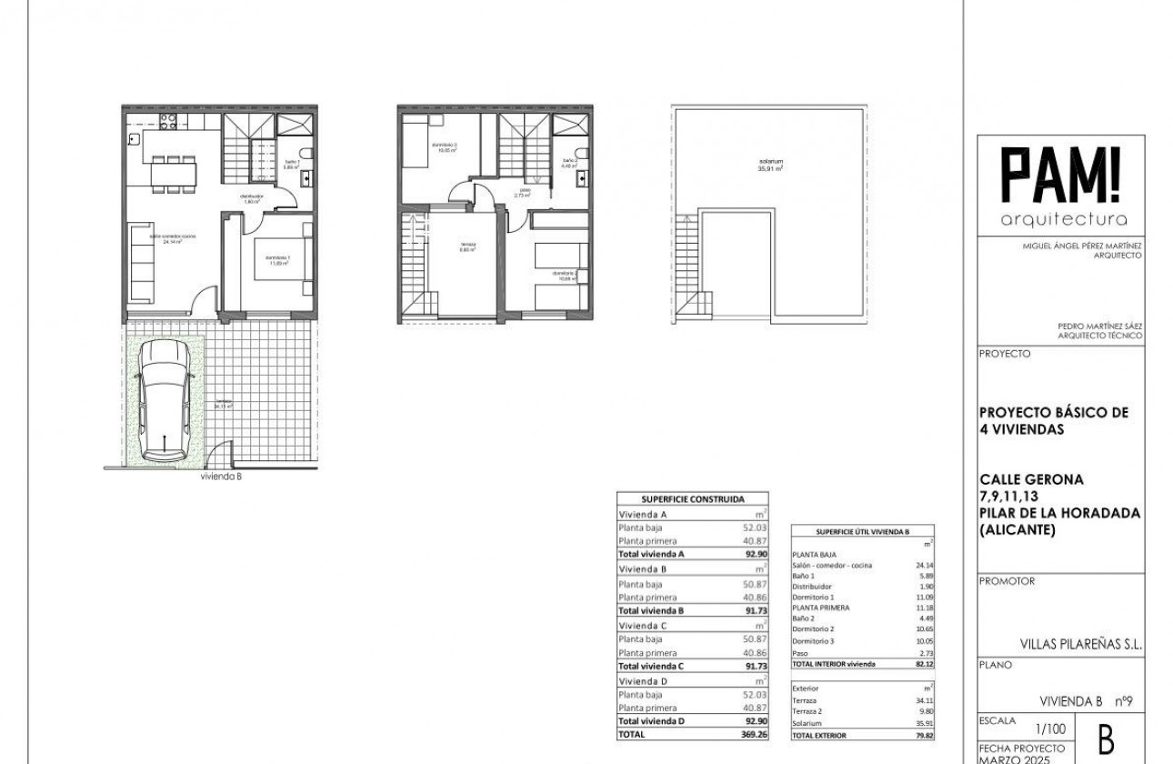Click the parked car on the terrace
coord(164,395)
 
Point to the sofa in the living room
coord(141,265)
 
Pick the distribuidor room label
coord(252,198)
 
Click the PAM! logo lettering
coord(1060,176)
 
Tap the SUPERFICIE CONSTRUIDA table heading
coord(693,499)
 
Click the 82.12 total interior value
coord(924,664)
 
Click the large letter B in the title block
coord(1107,740)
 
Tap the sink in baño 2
coord(581,177)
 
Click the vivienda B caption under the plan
coord(221,476)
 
